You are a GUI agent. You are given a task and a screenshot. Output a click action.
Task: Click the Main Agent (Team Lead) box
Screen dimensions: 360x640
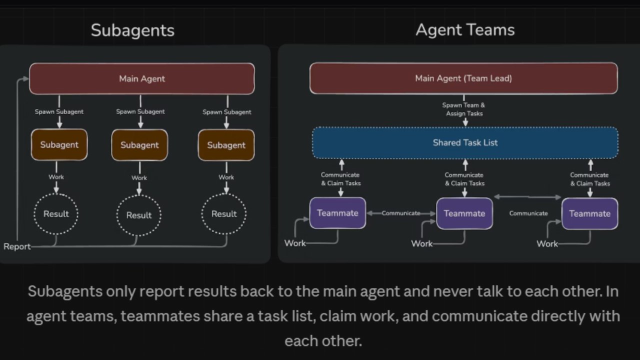point(463,78)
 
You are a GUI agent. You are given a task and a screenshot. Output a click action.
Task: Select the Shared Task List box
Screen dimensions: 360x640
point(465,142)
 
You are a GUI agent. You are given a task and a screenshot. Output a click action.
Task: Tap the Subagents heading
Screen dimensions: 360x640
point(132,30)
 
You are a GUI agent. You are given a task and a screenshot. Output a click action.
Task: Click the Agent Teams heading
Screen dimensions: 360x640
point(465,30)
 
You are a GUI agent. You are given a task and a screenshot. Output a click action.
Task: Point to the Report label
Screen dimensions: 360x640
point(16,246)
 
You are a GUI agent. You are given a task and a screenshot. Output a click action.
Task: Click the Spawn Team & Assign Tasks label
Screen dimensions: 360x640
point(463,109)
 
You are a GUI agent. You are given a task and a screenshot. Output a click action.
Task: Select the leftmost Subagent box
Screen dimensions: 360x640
point(59,145)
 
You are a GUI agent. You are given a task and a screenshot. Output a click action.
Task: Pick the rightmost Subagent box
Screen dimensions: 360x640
point(226,145)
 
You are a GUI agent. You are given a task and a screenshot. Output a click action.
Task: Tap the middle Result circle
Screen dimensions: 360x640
point(139,215)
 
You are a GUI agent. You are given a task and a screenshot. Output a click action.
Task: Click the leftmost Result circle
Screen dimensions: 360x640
point(56,214)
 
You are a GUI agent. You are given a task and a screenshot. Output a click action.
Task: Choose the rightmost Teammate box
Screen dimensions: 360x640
point(589,213)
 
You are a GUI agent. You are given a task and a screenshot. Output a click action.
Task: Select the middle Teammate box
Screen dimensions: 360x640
point(464,213)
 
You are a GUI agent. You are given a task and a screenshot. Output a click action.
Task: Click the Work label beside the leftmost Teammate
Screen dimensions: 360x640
point(295,243)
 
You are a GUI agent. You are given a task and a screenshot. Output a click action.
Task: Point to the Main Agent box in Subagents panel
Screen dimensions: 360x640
point(142,78)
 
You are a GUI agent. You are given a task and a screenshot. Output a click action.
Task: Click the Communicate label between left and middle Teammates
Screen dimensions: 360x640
point(401,213)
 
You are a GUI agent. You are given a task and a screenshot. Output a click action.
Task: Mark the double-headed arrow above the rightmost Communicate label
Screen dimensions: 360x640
point(527,197)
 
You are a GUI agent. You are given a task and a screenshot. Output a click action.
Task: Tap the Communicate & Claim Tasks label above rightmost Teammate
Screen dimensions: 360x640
point(589,179)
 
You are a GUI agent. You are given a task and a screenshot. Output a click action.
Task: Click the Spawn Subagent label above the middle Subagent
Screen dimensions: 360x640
point(140,111)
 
